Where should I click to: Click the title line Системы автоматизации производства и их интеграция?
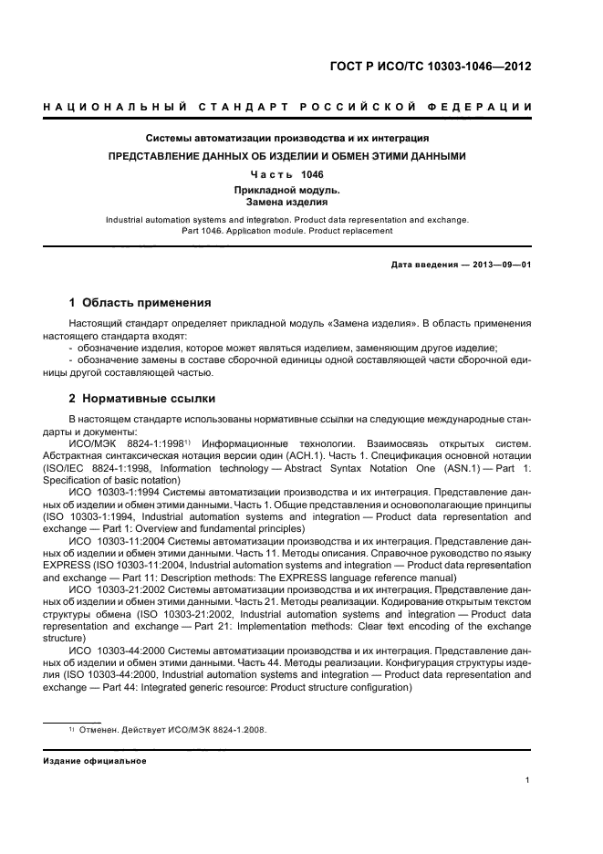click(287, 139)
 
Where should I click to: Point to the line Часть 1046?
click(287, 173)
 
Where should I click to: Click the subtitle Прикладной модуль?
click(287, 190)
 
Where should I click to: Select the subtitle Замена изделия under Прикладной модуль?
click(287, 203)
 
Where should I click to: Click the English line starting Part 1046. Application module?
click(287, 232)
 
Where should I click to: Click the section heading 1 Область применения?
click(140, 302)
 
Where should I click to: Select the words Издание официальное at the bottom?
click(95, 761)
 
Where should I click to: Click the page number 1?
click(528, 780)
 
